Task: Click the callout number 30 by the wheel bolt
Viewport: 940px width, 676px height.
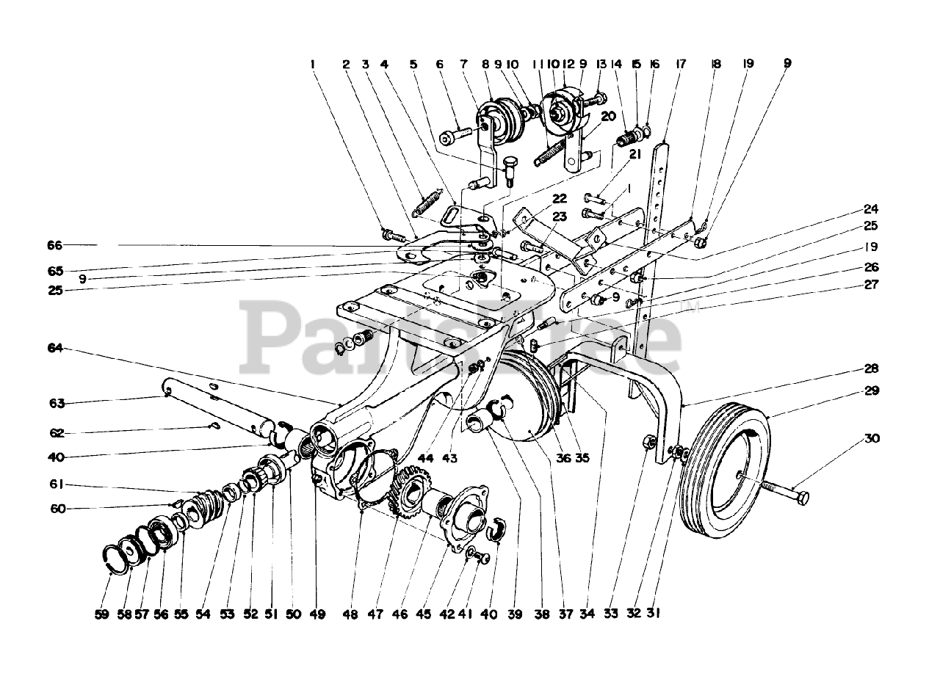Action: tap(872, 439)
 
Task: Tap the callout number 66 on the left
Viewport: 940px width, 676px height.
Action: tap(56, 245)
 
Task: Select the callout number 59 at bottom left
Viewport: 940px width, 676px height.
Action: tap(101, 615)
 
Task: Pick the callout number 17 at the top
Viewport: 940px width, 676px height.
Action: tap(680, 65)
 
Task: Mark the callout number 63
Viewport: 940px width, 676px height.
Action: tap(57, 403)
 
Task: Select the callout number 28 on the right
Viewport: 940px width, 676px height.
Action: tap(872, 368)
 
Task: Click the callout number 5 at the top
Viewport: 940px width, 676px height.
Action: tap(413, 65)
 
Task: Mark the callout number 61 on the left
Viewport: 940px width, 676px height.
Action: tap(57, 484)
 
